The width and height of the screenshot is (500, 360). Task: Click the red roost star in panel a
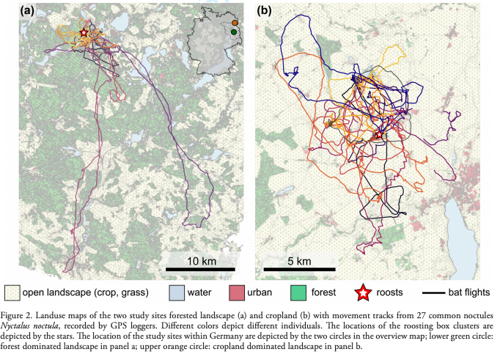[84, 33]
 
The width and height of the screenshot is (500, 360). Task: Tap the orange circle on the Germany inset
[235, 23]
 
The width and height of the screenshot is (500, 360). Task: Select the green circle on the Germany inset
[233, 32]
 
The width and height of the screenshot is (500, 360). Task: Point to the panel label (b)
[265, 10]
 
